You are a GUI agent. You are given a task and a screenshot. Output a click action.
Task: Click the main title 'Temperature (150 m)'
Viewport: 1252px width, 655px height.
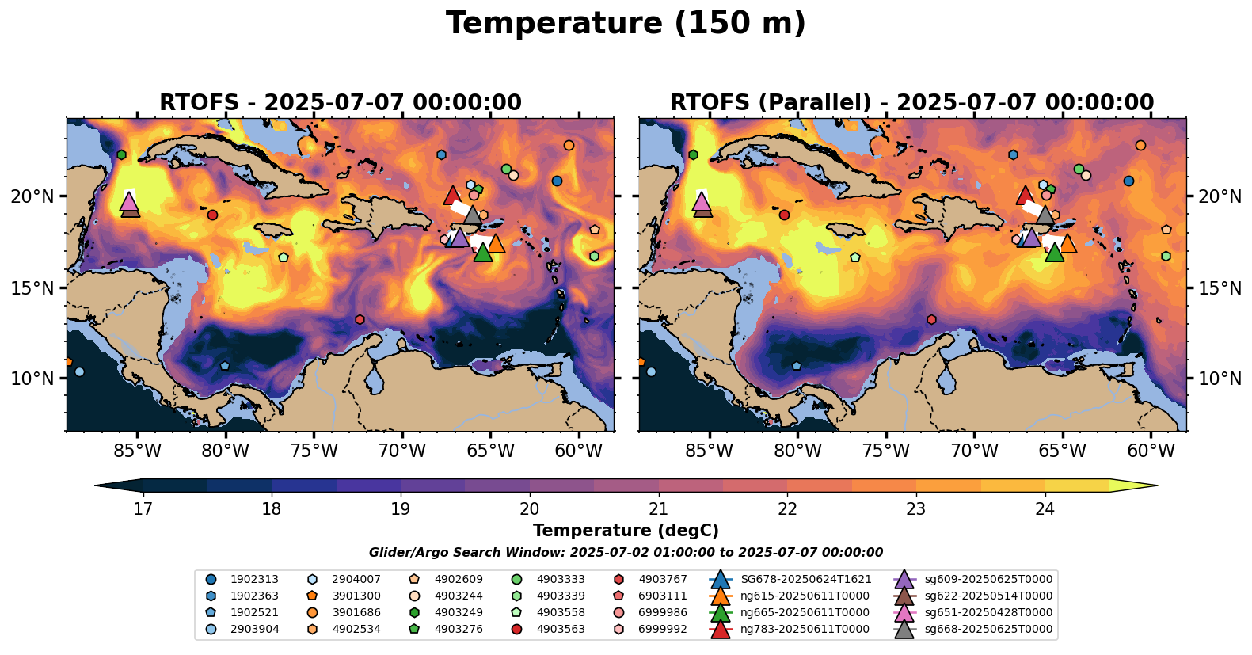(x=626, y=24)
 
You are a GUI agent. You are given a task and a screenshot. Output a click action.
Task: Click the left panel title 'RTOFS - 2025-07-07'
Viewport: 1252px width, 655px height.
(x=341, y=103)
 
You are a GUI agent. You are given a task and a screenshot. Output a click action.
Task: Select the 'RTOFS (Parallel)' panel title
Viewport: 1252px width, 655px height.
(x=911, y=103)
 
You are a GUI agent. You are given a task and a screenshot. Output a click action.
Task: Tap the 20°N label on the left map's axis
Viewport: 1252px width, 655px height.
(x=32, y=196)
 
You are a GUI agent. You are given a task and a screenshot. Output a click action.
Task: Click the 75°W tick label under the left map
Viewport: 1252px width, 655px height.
(x=314, y=451)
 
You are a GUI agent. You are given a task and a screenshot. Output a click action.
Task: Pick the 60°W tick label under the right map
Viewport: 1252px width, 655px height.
(x=1151, y=451)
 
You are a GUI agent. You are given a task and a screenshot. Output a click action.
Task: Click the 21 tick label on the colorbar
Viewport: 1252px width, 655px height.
(x=658, y=508)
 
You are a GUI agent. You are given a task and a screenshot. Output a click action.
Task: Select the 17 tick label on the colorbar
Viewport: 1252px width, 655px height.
(x=143, y=508)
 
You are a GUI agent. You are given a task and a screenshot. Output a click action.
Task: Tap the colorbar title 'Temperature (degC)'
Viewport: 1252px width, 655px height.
(x=626, y=531)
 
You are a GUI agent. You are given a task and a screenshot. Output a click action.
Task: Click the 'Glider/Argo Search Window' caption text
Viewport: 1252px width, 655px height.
(x=626, y=553)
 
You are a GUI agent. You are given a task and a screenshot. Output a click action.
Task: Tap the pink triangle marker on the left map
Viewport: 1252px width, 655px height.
(x=129, y=202)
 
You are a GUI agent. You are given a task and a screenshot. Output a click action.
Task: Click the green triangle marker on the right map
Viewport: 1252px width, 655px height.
(x=1054, y=253)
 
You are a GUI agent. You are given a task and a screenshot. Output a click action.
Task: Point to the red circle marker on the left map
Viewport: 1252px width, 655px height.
(x=212, y=215)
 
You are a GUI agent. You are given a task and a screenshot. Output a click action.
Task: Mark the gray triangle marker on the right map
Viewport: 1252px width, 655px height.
(x=1045, y=215)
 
